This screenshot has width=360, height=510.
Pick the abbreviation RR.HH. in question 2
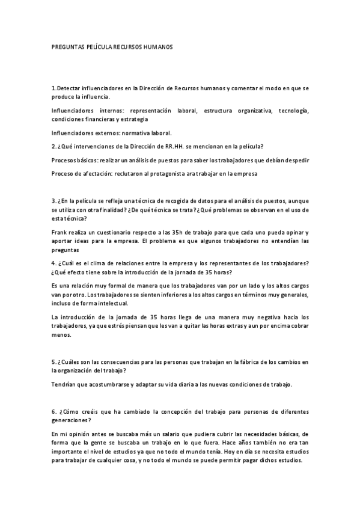[x=173, y=146]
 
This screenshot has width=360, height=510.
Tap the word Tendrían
[x=64, y=384]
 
